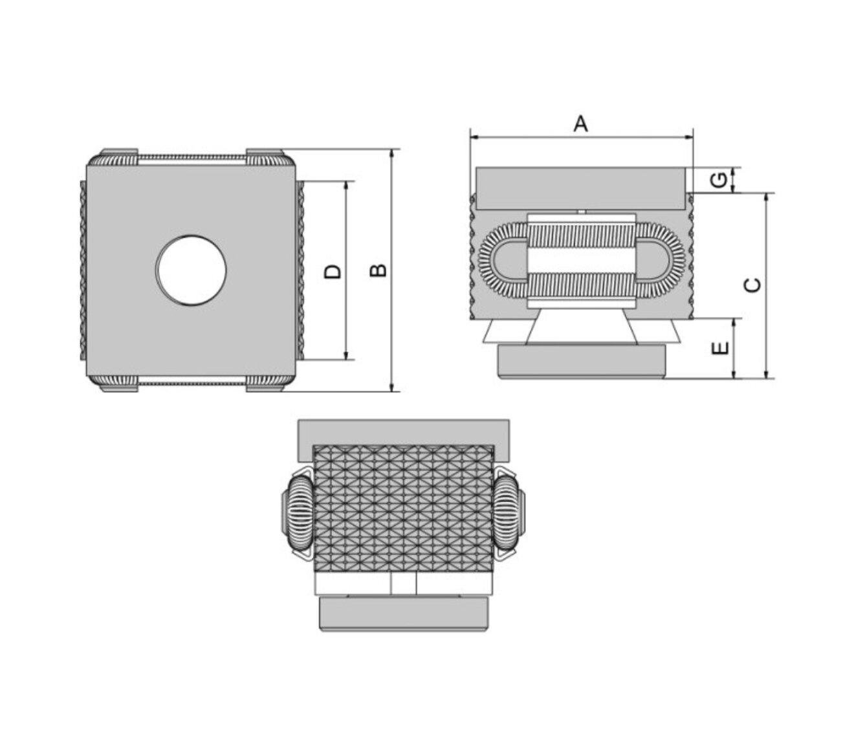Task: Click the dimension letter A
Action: click(580, 124)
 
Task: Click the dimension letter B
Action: click(378, 270)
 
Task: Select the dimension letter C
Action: click(753, 285)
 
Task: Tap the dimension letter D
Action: click(333, 272)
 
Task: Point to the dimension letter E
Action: click(720, 348)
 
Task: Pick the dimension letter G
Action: click(719, 180)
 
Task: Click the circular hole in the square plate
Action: click(191, 270)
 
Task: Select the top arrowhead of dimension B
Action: click(392, 153)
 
